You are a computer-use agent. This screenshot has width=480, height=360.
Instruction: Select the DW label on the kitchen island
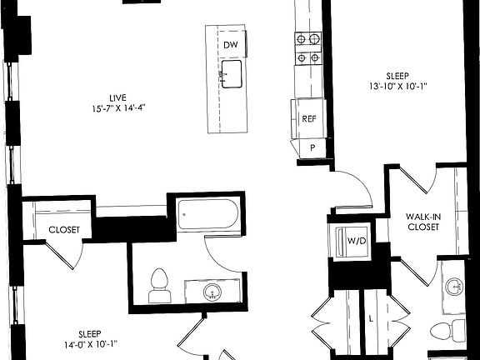(231, 44)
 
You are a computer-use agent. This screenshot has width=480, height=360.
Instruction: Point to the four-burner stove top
(307, 47)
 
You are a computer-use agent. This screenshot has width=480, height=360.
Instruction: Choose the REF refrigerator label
(308, 119)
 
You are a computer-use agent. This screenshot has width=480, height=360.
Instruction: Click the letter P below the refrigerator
(312, 147)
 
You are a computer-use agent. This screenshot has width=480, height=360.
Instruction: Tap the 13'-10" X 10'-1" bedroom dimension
(398, 85)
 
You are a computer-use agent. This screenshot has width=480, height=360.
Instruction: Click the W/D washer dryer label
(355, 242)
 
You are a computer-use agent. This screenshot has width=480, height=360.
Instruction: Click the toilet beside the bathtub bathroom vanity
(158, 285)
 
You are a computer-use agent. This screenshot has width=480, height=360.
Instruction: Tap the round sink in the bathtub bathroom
(213, 292)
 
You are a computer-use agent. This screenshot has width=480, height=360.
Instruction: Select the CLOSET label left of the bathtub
(63, 229)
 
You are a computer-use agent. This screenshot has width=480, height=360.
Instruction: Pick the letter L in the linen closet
(369, 317)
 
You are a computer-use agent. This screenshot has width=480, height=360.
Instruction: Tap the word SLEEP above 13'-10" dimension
(398, 73)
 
